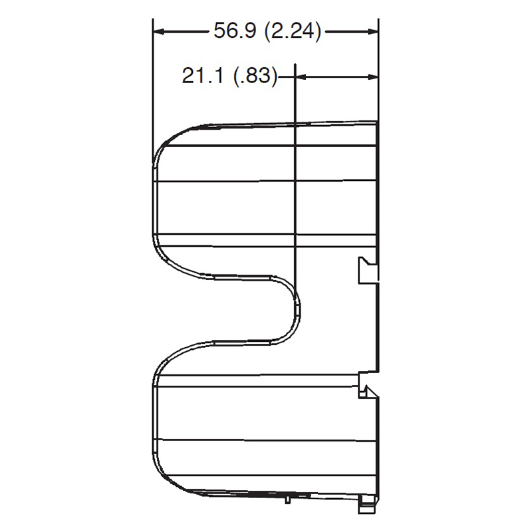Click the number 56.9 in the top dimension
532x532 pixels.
coord(235,31)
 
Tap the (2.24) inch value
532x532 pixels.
coord(292,31)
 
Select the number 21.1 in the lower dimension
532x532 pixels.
coord(203,75)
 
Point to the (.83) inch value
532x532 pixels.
coord(255,76)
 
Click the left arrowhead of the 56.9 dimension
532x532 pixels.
coord(159,32)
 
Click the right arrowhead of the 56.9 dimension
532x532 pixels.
coord(372,32)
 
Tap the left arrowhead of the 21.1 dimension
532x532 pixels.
coord(301,77)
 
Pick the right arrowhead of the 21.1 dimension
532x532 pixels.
coord(372,77)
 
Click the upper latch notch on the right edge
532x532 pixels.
coord(368,270)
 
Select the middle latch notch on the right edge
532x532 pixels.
coord(368,385)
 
